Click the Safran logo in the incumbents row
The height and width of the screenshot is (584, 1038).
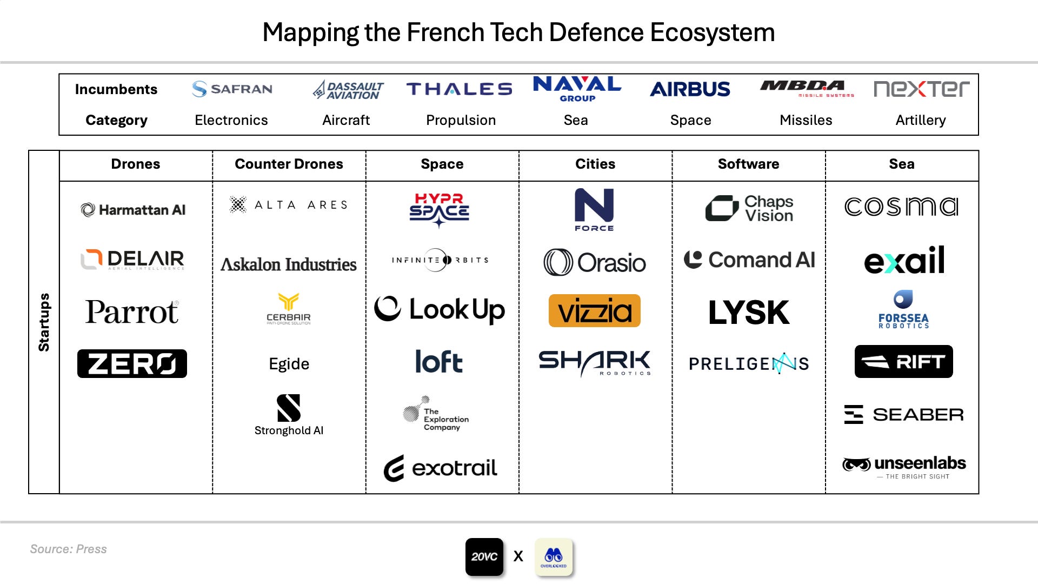[232, 89]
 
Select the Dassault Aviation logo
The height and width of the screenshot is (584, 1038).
[348, 90]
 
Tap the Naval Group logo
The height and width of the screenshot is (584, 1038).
[577, 89]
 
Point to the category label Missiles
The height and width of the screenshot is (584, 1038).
[806, 120]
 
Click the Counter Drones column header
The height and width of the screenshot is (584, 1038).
[289, 164]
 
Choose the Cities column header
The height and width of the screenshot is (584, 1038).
[595, 164]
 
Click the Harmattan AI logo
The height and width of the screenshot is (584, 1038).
[133, 210]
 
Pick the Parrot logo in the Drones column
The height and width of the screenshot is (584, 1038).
[132, 312]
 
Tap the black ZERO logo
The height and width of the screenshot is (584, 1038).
[132, 363]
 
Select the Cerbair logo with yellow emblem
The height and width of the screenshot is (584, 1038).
[289, 309]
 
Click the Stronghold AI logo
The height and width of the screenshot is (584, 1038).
[289, 415]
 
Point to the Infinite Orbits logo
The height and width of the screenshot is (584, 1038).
[441, 260]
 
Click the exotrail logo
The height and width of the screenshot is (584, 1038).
[441, 468]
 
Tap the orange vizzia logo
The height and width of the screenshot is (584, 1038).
[594, 311]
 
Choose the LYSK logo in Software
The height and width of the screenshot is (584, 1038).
[749, 313]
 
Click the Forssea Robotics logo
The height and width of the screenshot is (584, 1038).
[903, 310]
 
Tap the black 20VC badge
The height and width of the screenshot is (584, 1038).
[484, 556]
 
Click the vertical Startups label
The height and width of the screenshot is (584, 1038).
[44, 322]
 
